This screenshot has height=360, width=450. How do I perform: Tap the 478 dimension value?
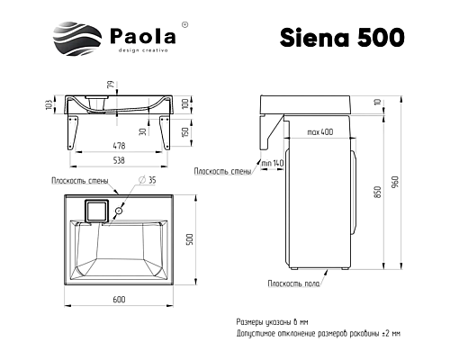(x=119, y=145)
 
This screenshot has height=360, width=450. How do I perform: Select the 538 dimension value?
(x=119, y=163)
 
